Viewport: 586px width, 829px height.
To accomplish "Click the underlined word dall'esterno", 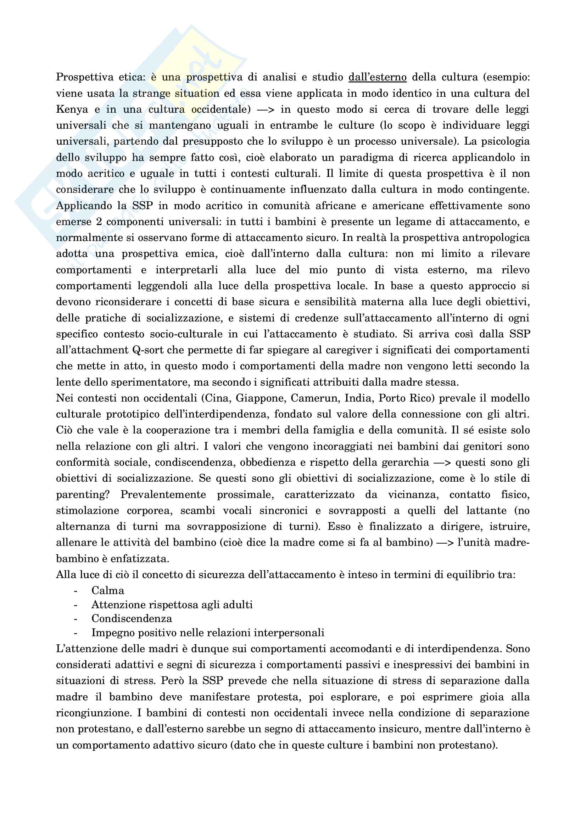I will [377, 77].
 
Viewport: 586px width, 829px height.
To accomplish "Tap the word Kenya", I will [72, 110].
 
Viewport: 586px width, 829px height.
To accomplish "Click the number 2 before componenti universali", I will [99, 222].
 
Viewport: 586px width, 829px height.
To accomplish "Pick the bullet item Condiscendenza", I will [132, 618].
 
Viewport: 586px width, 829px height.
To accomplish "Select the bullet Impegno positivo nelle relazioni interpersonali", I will [208, 633].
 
